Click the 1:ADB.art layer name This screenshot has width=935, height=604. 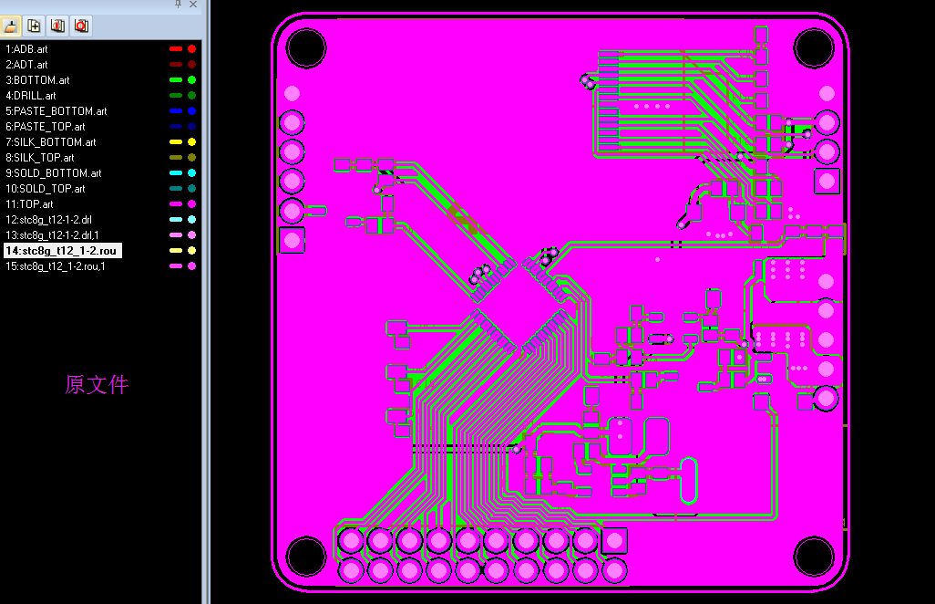(x=26, y=49)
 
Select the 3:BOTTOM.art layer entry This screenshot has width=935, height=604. (x=37, y=80)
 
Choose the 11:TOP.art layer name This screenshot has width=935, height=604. (x=29, y=204)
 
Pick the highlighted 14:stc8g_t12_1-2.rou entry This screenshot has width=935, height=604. (x=63, y=251)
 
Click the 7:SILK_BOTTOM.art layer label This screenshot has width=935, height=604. (x=51, y=142)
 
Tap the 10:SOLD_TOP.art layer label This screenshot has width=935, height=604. (x=46, y=189)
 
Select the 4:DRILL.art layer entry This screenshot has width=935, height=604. (x=31, y=96)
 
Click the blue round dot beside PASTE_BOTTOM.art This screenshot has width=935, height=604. (x=192, y=111)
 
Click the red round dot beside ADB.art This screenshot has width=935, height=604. (x=192, y=49)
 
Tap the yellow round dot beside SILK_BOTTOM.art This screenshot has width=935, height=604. (x=192, y=142)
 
